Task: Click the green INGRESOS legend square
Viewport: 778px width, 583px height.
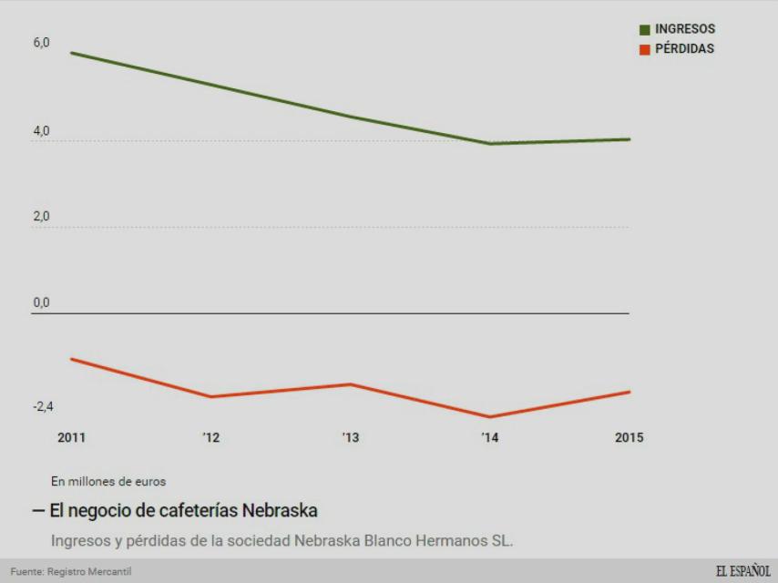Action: pos(645,30)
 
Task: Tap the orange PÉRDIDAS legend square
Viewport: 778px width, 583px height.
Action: pos(645,49)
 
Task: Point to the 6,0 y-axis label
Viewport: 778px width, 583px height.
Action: pos(41,44)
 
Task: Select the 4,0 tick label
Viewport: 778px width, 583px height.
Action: pos(41,131)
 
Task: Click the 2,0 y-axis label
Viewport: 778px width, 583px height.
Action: pos(41,217)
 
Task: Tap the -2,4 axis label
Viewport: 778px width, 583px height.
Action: pos(43,406)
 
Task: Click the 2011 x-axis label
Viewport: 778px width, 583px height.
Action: pos(72,437)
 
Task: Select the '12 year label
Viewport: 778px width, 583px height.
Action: pos(211,437)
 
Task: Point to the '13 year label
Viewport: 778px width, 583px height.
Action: pos(351,437)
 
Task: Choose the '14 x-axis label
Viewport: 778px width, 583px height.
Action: pos(490,437)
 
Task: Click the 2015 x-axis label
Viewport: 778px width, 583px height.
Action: pos(629,437)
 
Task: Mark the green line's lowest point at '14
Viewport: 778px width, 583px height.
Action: pos(490,143)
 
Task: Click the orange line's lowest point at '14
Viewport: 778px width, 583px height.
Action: pos(490,417)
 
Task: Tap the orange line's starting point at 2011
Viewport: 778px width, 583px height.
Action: pos(72,359)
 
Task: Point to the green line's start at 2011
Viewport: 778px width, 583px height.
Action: pos(72,53)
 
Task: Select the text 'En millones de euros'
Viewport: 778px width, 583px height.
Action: pos(108,481)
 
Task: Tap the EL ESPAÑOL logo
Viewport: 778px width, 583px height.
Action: pos(742,571)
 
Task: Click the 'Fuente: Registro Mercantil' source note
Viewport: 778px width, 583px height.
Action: pos(71,572)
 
